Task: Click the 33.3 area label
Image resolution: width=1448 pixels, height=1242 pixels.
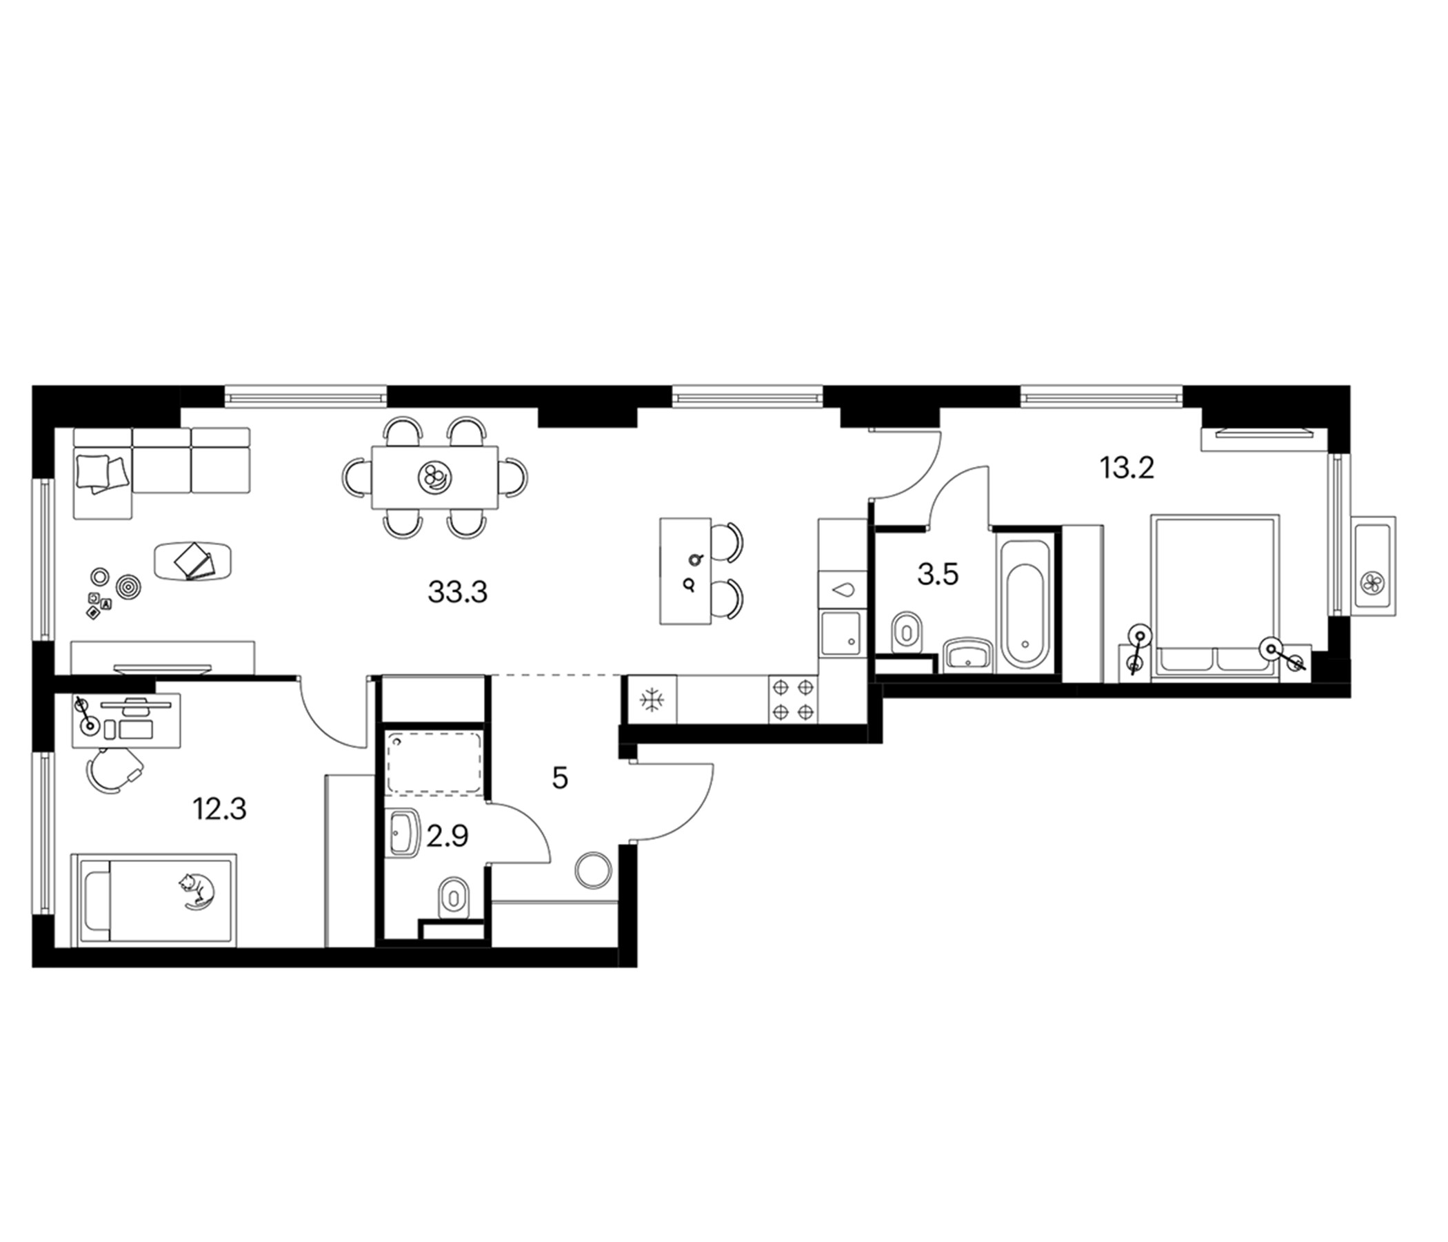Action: coord(457,593)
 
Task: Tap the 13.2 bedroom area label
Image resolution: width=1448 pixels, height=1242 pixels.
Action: coord(1127,468)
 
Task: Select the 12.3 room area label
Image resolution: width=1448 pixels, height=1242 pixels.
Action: coord(219,810)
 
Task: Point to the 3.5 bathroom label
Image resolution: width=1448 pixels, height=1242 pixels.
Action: coord(937,575)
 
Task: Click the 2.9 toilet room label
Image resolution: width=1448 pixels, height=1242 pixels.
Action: coord(447,836)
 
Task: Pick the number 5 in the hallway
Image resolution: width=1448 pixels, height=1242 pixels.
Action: coord(560,778)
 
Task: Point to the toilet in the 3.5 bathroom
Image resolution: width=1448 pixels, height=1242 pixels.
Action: coord(907,633)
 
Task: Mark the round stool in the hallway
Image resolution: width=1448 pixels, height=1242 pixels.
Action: coord(593,871)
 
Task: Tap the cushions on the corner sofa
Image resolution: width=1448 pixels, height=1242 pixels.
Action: coord(102,473)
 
